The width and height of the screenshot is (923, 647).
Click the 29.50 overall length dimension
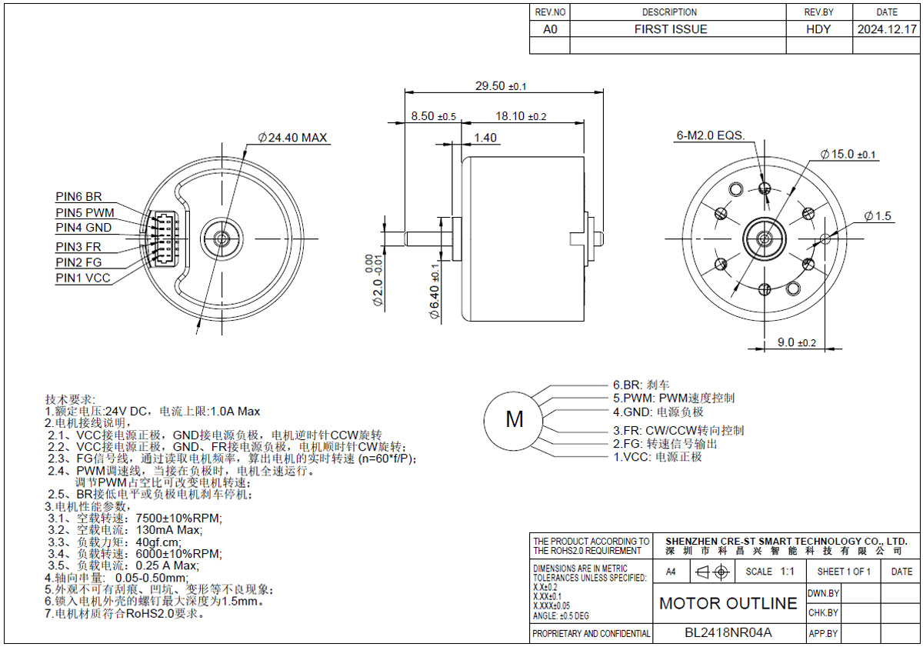(501, 86)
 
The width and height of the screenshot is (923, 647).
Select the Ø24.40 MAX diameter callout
(292, 137)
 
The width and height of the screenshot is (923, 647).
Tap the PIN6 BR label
(78, 197)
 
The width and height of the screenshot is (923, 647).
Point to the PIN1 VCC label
(83, 278)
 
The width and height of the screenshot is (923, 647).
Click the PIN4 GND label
(84, 228)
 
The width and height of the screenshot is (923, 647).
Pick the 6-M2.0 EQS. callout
(711, 135)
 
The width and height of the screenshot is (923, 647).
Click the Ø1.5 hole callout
(878, 215)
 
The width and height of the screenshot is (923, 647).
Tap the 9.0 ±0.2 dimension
(797, 342)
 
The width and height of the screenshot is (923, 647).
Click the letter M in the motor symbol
(515, 419)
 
